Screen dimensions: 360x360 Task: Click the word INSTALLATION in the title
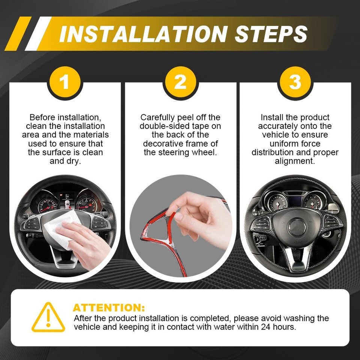(x=143, y=34)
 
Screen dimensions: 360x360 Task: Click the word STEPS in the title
(x=271, y=34)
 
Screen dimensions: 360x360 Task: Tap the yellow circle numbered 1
(x=65, y=82)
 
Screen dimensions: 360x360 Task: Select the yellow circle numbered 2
(x=180, y=82)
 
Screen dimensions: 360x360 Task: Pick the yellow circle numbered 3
(x=295, y=82)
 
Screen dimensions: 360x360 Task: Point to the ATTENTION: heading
(x=109, y=307)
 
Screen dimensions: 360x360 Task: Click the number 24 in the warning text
(x=265, y=327)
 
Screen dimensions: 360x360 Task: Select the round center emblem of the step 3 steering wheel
(x=297, y=227)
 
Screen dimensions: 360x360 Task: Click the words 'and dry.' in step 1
(x=65, y=161)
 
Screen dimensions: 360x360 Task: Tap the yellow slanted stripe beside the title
(x=18, y=33)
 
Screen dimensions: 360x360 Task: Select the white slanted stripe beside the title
(x=38, y=33)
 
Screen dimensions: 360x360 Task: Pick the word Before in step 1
(x=42, y=117)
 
